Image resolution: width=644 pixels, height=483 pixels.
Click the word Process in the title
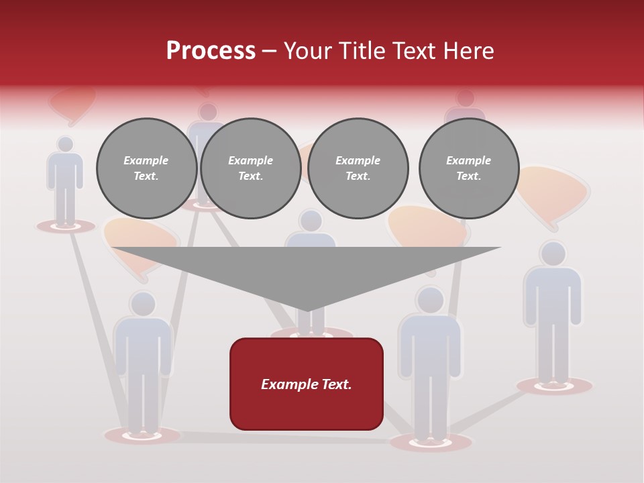211,51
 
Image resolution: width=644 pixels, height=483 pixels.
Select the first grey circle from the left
146,168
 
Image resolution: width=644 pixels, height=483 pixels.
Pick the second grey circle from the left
250,168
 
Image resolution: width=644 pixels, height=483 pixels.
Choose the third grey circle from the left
358,168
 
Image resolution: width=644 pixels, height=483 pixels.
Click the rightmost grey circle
468,168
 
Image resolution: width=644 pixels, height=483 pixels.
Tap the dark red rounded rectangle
306,384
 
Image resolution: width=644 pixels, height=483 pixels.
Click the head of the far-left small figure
65,144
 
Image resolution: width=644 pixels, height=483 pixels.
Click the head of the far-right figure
553,254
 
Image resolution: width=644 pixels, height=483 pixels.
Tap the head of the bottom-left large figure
143,304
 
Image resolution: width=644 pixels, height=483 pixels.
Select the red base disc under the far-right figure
554,386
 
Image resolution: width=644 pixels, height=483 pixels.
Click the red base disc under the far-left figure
65,227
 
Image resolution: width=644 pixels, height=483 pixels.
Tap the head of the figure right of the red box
429,300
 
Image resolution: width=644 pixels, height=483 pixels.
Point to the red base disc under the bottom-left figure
142,435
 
